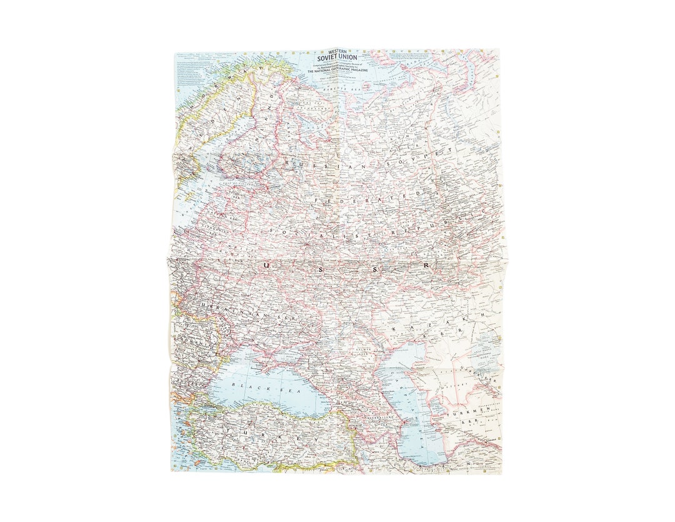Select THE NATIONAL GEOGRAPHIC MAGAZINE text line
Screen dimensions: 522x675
click(x=337, y=73)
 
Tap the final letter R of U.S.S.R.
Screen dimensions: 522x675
click(x=427, y=266)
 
